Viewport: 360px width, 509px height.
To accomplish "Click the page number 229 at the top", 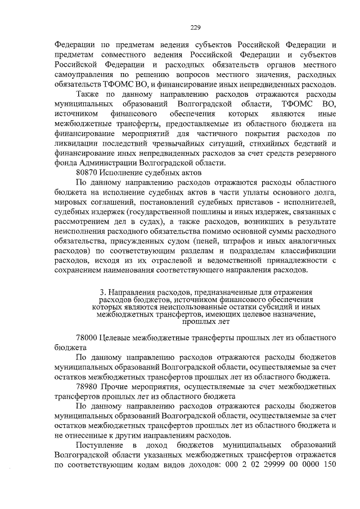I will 195,28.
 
